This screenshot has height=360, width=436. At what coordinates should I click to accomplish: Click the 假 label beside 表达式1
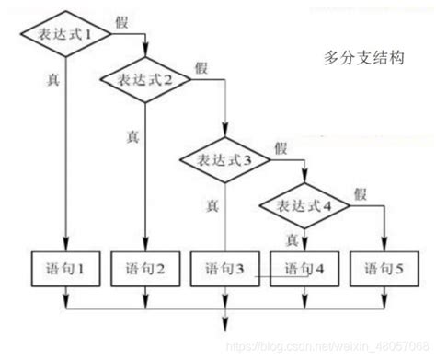[122, 20]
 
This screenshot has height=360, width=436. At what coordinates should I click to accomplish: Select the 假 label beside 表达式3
[281, 147]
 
